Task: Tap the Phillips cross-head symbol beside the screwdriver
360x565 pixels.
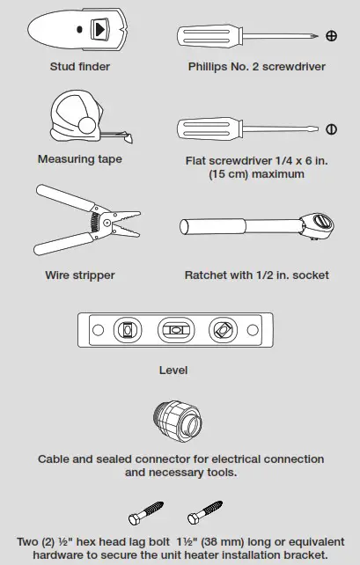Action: coord(332,36)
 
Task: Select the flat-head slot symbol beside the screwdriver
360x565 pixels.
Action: coord(332,129)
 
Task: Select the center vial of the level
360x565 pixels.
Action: coord(173,331)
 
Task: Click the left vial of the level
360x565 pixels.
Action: coord(125,331)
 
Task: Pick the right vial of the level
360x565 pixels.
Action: coord(221,331)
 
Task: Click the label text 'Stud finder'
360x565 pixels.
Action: coord(80,66)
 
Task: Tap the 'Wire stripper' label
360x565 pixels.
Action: coord(80,275)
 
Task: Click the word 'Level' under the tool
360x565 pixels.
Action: coord(173,371)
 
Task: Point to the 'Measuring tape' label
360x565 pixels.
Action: coord(80,159)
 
